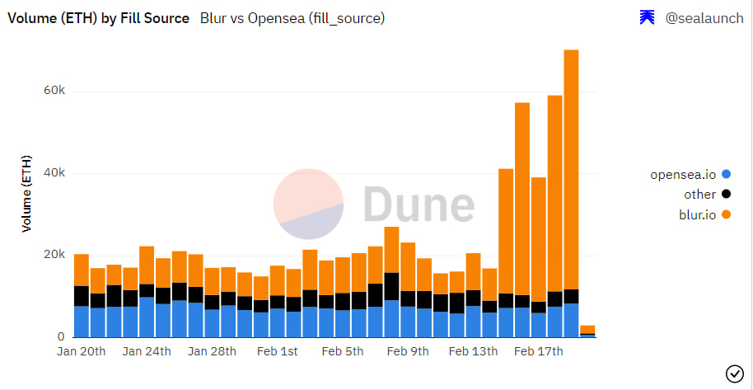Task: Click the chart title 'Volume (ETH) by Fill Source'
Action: pyautogui.click(x=98, y=17)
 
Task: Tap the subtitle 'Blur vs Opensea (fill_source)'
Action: pyautogui.click(x=292, y=17)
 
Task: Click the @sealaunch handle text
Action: pyautogui.click(x=704, y=17)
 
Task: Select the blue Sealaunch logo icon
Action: pyautogui.click(x=648, y=17)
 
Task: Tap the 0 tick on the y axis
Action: pyautogui.click(x=60, y=336)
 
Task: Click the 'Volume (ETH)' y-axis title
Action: pyautogui.click(x=26, y=193)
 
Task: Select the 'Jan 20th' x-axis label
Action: pyautogui.click(x=82, y=351)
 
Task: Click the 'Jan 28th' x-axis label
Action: pyautogui.click(x=213, y=351)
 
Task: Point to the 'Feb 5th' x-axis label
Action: pyautogui.click(x=341, y=351)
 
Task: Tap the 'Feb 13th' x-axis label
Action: pyautogui.click(x=472, y=351)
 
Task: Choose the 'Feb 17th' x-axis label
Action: pyautogui.click(x=538, y=351)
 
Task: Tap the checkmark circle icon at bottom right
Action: pyautogui.click(x=734, y=374)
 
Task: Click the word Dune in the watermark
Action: pyautogui.click(x=419, y=204)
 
